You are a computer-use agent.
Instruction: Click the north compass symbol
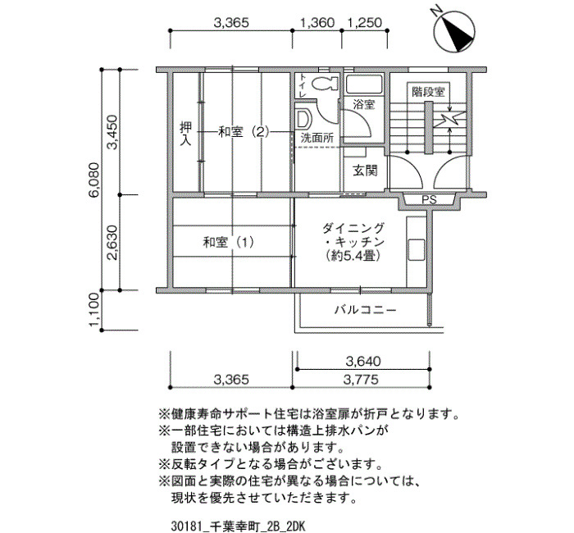click(x=454, y=30)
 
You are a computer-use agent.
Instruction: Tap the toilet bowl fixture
click(x=325, y=84)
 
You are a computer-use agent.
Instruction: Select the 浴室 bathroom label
click(x=363, y=105)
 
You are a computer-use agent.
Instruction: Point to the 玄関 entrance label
click(x=365, y=171)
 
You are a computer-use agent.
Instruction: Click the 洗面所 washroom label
click(x=317, y=138)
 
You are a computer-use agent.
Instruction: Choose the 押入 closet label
click(x=185, y=134)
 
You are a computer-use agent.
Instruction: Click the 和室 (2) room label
click(x=244, y=132)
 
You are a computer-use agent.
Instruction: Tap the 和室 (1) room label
click(x=229, y=243)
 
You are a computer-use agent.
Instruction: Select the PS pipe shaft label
click(x=429, y=200)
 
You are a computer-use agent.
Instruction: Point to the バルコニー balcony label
click(x=366, y=311)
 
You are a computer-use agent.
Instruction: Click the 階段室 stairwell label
click(x=428, y=92)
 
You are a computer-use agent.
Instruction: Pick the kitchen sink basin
click(x=417, y=249)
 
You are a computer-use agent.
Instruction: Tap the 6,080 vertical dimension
click(x=93, y=180)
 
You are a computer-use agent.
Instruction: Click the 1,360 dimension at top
click(x=317, y=23)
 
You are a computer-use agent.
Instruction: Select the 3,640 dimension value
click(x=363, y=362)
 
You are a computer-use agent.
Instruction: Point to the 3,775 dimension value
click(x=361, y=380)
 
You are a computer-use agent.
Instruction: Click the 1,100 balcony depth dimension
click(x=93, y=310)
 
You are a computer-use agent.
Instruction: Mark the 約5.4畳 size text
click(x=353, y=256)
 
